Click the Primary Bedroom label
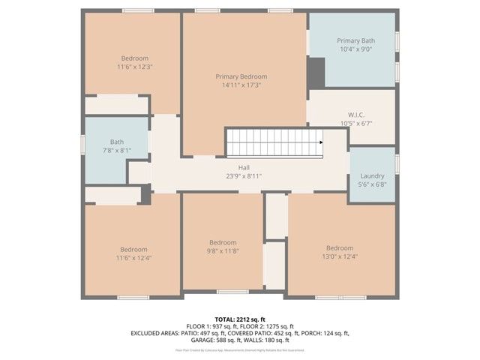[241, 76]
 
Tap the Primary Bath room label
[355, 40]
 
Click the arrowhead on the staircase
[320, 141]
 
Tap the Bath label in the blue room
[117, 141]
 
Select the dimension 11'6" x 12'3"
[134, 67]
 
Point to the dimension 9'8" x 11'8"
[223, 251]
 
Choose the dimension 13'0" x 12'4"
[339, 257]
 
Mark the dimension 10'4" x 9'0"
[355, 49]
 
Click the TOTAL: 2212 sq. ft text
[240, 318]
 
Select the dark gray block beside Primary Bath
[316, 72]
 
